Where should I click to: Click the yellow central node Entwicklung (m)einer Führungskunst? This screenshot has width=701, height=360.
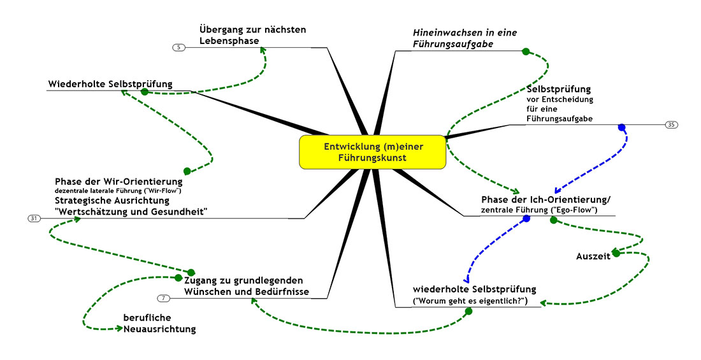(x=373, y=152)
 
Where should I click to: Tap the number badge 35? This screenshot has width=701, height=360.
(x=671, y=124)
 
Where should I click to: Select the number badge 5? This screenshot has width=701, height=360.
(x=178, y=47)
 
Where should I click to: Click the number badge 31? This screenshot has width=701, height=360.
(x=34, y=219)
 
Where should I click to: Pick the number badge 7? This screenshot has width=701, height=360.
(x=164, y=298)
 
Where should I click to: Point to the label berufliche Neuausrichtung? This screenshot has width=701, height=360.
(x=159, y=323)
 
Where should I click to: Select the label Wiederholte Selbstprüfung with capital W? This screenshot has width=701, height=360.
(x=110, y=84)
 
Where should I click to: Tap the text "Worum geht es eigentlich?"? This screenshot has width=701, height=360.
(x=471, y=301)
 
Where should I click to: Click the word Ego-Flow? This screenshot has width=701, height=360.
(x=575, y=210)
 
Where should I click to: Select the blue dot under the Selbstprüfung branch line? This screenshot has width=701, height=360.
(x=622, y=127)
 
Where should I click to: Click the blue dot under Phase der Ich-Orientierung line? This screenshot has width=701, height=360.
(x=526, y=219)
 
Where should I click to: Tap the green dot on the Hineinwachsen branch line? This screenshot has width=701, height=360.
(x=526, y=52)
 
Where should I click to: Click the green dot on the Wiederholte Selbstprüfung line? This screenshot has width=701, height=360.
(x=145, y=92)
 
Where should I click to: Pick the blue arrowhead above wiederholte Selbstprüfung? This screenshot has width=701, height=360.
(x=466, y=278)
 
